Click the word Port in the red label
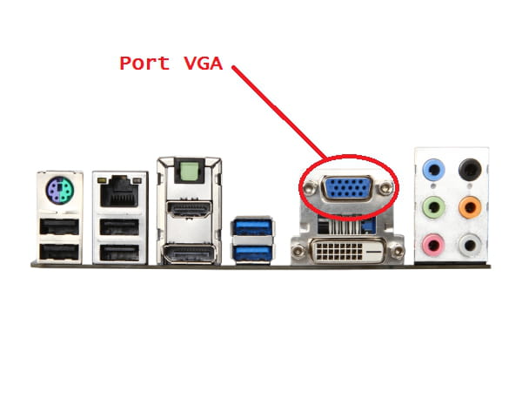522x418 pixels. (145, 63)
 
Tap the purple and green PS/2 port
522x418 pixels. (59, 190)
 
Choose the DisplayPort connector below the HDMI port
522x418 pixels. (188, 253)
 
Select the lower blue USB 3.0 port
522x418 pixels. (253, 254)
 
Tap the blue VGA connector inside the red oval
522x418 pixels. (348, 187)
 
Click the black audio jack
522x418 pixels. (470, 170)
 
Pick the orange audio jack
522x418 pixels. (470, 207)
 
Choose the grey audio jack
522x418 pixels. (470, 245)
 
